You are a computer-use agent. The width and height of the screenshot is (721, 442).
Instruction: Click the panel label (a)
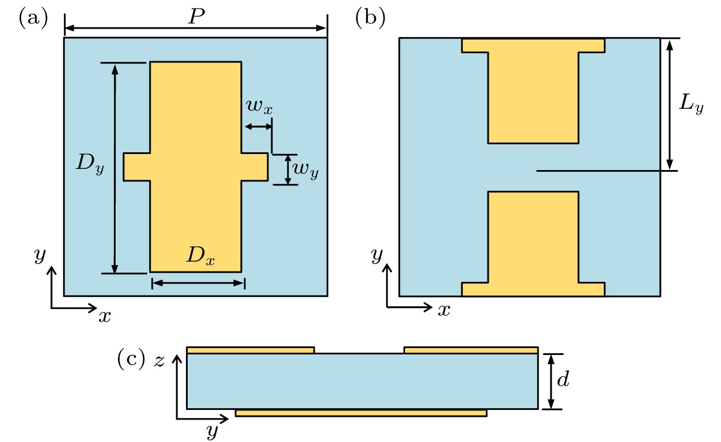(x=33, y=18)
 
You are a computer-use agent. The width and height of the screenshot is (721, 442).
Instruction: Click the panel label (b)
(x=370, y=18)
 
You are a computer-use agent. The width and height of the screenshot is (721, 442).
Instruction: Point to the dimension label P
(x=196, y=17)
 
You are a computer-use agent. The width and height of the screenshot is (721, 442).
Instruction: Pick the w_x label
(x=259, y=106)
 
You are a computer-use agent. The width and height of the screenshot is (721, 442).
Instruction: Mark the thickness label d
(x=564, y=380)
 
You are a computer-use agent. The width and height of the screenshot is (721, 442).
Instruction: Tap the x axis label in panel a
(x=104, y=315)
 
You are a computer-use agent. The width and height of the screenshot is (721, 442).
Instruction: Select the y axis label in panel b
(x=377, y=255)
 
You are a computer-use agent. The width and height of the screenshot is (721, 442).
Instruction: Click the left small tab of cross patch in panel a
(x=137, y=167)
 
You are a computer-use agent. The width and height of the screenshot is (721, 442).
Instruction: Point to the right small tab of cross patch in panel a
(x=255, y=167)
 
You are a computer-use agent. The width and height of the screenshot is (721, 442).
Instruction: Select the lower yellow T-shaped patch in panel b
(x=533, y=240)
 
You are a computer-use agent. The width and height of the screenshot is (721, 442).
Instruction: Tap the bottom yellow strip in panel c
(x=361, y=413)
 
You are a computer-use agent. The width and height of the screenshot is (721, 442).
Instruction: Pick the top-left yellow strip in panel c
(x=251, y=350)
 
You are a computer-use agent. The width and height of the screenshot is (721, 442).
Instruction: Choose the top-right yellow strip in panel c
(x=471, y=350)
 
